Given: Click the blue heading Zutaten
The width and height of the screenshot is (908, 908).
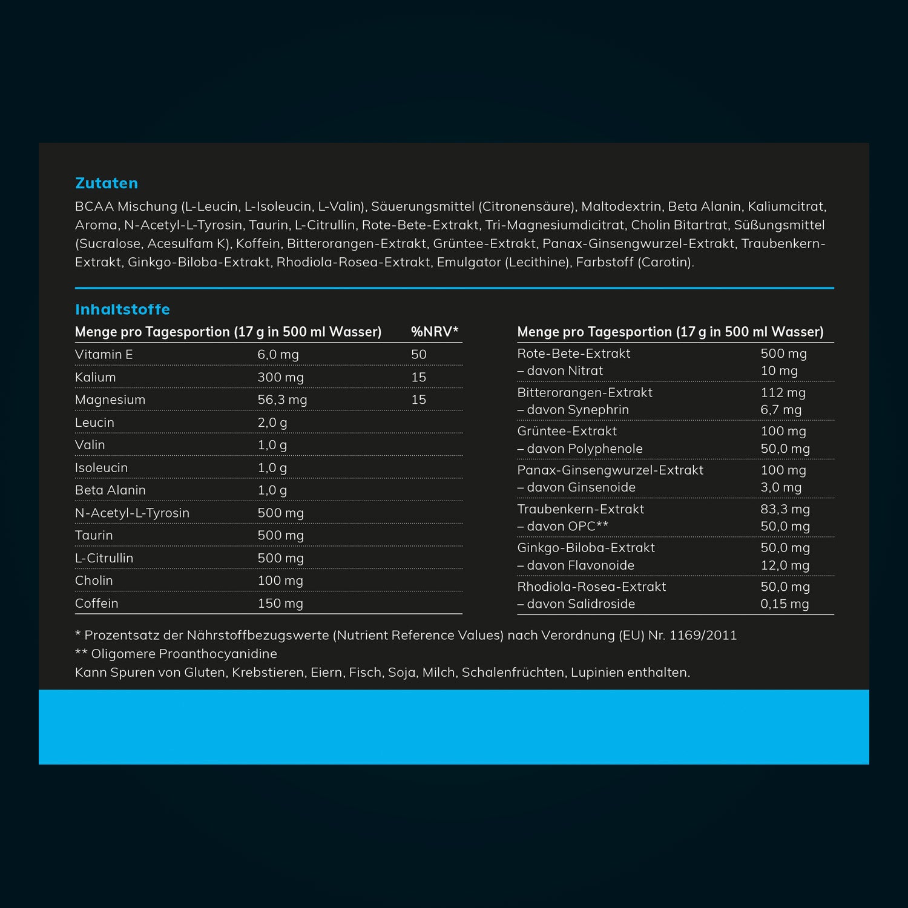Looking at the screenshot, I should [107, 183].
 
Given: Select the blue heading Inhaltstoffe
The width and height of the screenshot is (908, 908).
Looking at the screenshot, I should [122, 309].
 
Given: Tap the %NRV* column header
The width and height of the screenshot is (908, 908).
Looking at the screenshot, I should [435, 332].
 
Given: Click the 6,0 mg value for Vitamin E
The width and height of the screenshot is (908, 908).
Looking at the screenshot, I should [278, 355].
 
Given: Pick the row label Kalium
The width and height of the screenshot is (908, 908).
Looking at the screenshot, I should [95, 377].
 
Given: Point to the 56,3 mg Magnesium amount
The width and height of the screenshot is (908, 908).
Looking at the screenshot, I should [282, 400].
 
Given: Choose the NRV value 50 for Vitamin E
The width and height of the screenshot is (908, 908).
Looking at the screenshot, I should [419, 355].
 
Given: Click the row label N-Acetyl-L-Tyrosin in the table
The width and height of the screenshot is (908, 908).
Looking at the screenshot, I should [132, 513].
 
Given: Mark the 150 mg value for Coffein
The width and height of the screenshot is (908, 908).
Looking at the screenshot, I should [280, 604].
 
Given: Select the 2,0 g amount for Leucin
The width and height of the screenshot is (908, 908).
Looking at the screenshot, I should [272, 423].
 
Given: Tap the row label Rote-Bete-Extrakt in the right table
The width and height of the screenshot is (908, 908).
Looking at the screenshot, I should [573, 354].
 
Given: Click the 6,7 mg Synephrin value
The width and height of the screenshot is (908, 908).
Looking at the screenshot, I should [781, 410].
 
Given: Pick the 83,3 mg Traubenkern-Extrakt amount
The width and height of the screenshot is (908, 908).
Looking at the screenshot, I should [785, 509].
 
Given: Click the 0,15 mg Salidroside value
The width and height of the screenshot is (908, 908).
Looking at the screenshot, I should [785, 604].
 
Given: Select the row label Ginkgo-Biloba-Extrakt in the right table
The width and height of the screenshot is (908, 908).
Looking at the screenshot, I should [586, 548].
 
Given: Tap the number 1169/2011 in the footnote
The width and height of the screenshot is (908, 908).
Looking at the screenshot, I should [703, 636].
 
